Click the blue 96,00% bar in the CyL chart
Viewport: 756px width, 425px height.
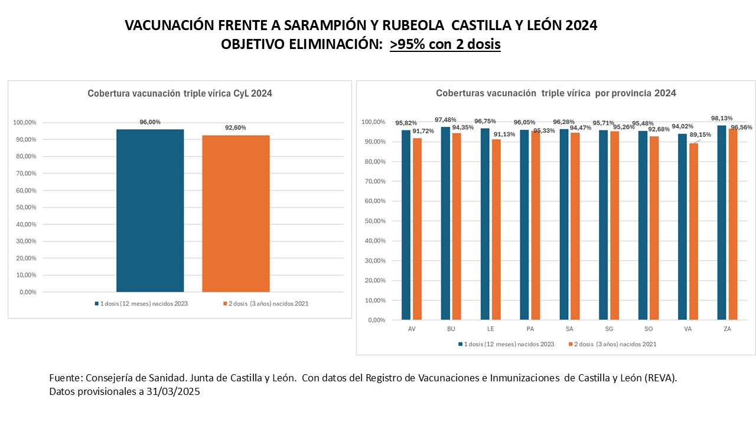[150, 210]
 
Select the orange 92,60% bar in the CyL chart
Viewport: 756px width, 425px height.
[236, 214]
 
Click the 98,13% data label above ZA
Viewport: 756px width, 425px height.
[722, 118]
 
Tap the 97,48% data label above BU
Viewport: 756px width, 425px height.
[445, 119]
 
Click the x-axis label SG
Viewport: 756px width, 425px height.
[608, 329]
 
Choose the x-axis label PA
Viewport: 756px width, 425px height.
[530, 329]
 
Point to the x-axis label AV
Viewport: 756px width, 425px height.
[411, 329]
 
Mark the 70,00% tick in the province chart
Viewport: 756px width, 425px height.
[376, 181]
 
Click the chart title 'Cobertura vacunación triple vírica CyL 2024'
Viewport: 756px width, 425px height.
[180, 93]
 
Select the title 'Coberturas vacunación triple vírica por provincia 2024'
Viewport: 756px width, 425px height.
[556, 93]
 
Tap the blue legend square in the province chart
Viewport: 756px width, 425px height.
[460, 344]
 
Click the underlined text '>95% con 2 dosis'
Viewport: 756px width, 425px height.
[445, 44]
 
